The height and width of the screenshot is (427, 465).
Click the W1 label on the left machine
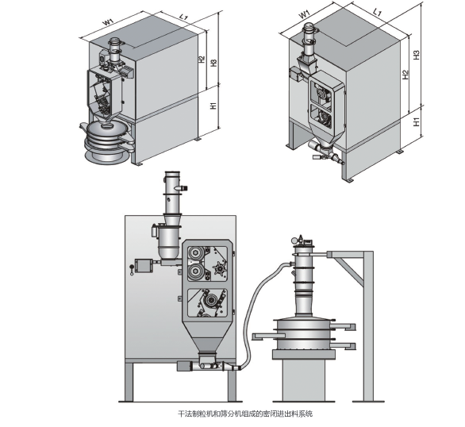pos(108,21)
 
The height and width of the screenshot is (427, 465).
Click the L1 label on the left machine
pos(183,17)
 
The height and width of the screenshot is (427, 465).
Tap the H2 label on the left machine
pos(202,60)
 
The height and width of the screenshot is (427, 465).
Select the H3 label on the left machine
pos(213,63)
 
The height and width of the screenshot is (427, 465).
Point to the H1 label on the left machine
pos(213,106)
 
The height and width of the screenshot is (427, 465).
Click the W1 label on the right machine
pos(304,14)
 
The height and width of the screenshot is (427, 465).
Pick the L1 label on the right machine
pos(377,12)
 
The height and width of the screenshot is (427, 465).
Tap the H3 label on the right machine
pos(417,55)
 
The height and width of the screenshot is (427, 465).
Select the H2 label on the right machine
pos(405,74)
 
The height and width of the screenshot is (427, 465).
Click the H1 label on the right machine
pos(417,121)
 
